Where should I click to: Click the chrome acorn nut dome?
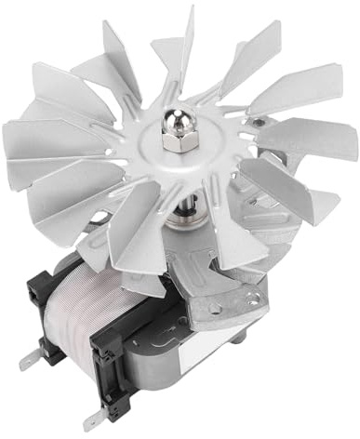[173, 122]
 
